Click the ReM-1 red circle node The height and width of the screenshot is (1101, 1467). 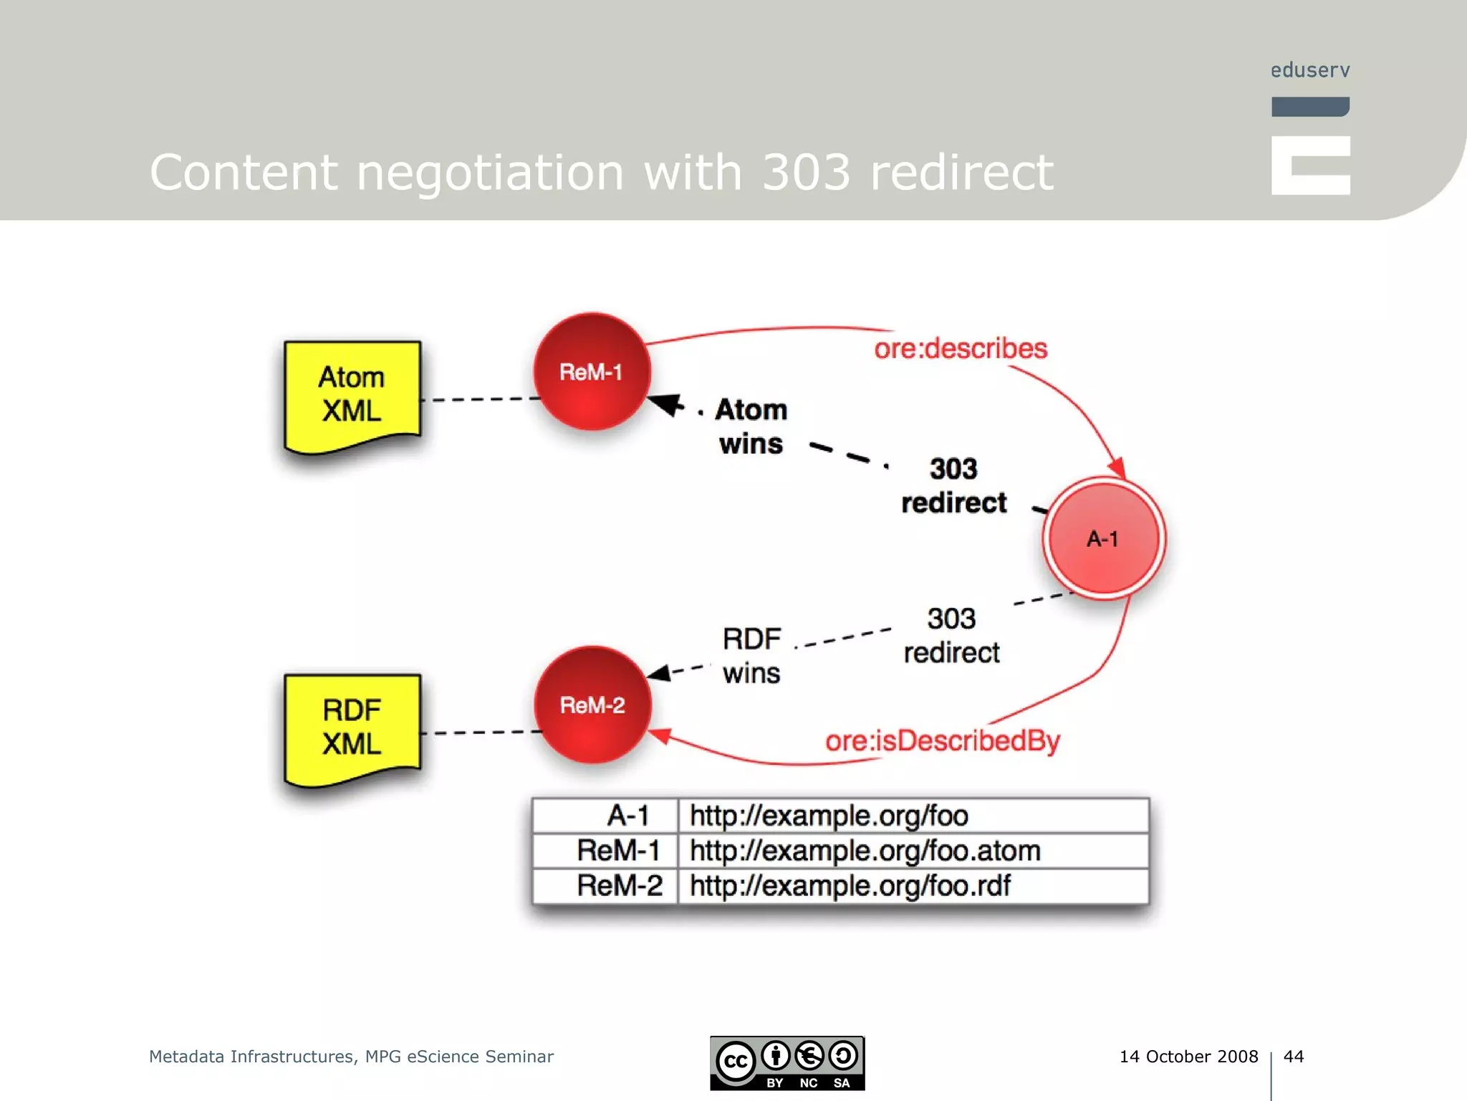pos(592,371)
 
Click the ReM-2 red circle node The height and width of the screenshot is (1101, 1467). pos(592,705)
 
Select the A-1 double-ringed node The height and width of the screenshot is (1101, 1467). pos(1103,538)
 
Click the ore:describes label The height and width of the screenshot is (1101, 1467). pos(960,348)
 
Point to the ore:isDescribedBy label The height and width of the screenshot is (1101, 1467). pos(942,741)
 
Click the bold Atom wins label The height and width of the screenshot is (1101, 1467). pos(751,426)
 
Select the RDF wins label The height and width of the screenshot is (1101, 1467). pos(751,656)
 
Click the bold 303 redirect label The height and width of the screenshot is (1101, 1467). pos(953,485)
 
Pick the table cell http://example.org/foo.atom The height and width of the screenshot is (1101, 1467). pos(865,851)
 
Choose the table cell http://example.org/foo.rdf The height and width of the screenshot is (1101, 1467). pos(850,886)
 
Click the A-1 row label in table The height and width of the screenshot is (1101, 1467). pos(627,816)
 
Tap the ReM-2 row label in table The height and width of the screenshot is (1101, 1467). pos(620,886)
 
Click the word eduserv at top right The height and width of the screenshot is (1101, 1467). pos(1309,70)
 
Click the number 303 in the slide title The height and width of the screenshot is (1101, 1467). pos(806,172)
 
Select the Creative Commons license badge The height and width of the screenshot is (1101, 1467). pos(787,1063)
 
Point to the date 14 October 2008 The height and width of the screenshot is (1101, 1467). pos(1188,1057)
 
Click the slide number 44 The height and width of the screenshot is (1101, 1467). pos(1293,1057)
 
